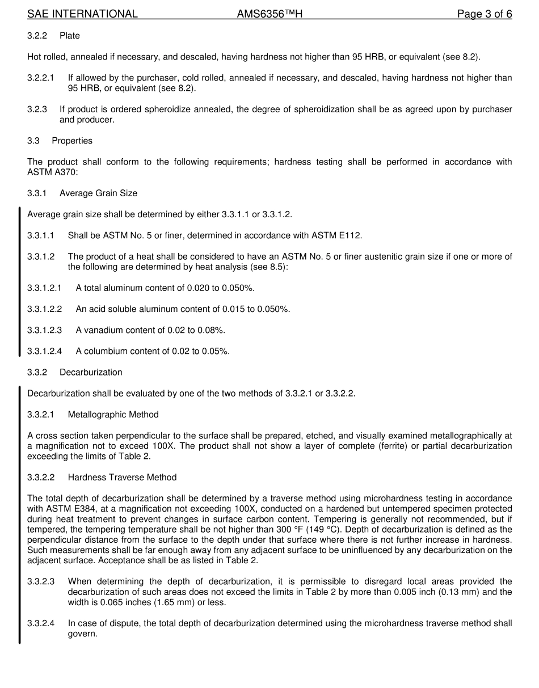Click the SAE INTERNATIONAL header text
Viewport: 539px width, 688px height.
[82, 14]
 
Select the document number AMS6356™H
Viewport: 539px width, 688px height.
[269, 14]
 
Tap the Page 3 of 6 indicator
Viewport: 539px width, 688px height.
[485, 14]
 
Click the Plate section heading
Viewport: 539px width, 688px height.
[70, 36]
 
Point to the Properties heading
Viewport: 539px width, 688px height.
[72, 141]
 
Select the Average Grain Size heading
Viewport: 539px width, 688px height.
[98, 193]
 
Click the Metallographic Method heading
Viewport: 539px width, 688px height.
[113, 415]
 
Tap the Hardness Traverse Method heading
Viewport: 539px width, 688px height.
[122, 478]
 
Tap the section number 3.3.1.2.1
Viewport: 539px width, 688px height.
[44, 288]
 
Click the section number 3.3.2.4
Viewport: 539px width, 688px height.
[41, 623]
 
